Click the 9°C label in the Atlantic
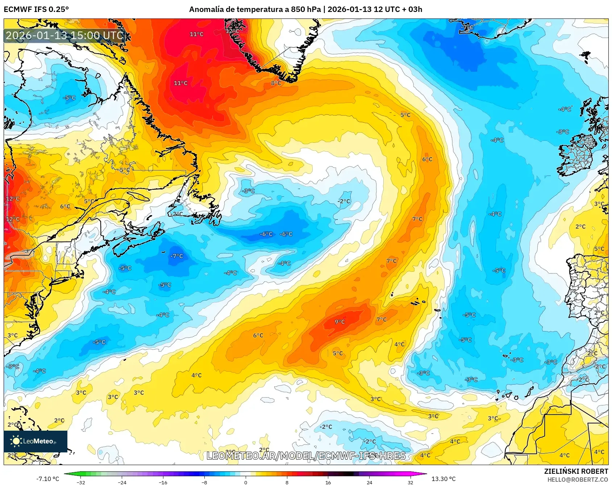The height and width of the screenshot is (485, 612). [x=340, y=322]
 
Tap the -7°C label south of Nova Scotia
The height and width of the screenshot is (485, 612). [x=177, y=256]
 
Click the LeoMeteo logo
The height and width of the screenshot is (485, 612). [x=35, y=441]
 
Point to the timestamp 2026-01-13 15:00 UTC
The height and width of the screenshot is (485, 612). [x=64, y=35]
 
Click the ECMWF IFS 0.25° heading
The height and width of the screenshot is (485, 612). [x=36, y=9]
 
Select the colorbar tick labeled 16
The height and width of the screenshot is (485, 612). [x=328, y=482]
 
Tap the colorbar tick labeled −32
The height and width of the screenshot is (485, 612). [x=81, y=482]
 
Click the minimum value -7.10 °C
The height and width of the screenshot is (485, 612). [x=47, y=479]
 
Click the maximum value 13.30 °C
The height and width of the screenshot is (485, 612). [x=444, y=479]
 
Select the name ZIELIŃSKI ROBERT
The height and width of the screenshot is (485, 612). [x=576, y=471]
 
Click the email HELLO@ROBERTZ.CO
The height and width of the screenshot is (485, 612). [x=578, y=480]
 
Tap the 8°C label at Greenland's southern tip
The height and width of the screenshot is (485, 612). [x=276, y=83]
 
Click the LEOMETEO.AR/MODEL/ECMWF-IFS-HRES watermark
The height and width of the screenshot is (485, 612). [x=306, y=456]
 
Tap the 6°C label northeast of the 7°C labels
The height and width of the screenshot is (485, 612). [x=427, y=159]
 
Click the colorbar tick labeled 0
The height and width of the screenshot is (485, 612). [x=246, y=482]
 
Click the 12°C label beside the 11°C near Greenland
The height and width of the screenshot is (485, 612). [x=232, y=31]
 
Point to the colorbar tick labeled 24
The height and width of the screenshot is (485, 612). [x=369, y=482]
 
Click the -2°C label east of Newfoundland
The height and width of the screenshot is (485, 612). [x=344, y=201]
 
